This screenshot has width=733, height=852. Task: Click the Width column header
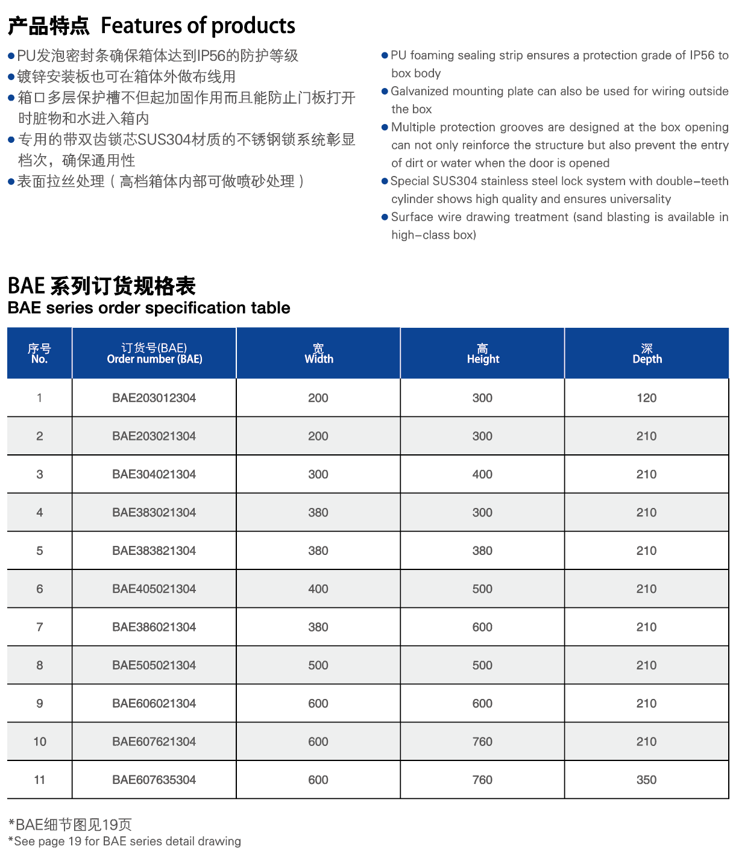[318, 354]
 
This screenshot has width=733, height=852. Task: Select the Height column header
[483, 354]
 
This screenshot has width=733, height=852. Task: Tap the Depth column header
[647, 354]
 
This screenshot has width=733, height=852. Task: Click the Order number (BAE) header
[154, 354]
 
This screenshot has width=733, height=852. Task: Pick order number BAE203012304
[154, 398]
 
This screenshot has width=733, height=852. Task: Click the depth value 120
[646, 398]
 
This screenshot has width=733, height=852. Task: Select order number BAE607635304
[154, 780]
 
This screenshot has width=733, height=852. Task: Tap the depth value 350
[646, 780]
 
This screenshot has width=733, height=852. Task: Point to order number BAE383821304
[154, 551]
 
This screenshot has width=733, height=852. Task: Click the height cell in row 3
[482, 474]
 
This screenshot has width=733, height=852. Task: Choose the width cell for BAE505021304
[318, 665]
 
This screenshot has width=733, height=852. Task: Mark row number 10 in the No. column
[40, 742]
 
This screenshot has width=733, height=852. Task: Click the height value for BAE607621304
[482, 742]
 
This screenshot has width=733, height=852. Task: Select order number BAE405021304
[154, 589]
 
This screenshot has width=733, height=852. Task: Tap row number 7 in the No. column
[40, 627]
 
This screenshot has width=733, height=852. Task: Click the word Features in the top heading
[142, 26]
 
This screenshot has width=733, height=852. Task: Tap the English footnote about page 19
[125, 841]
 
